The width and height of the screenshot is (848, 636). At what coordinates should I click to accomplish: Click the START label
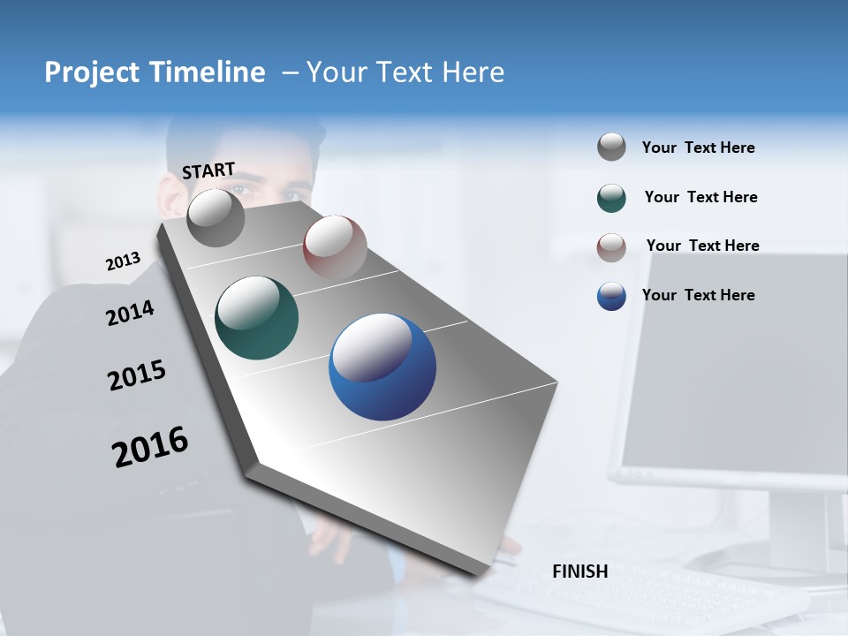tap(208, 170)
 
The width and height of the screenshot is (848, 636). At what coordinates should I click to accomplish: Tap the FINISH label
tap(579, 572)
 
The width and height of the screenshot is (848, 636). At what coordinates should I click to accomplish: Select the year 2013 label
tap(123, 261)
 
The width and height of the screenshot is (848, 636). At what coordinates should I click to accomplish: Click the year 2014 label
tap(130, 313)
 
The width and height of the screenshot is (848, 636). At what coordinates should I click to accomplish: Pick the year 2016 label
tap(150, 447)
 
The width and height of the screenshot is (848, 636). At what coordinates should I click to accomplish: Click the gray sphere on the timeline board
tap(216, 218)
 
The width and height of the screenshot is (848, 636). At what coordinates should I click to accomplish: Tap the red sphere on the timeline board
tap(335, 246)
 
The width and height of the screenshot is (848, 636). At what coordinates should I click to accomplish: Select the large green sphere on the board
tap(257, 318)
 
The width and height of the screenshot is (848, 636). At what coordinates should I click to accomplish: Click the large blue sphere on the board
tap(382, 367)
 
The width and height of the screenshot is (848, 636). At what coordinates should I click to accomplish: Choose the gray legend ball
tap(611, 147)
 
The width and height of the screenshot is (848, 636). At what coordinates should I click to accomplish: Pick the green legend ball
tap(611, 198)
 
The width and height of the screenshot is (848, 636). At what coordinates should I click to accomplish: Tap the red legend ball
tap(611, 247)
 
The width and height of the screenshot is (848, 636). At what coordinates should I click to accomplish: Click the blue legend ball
tap(611, 296)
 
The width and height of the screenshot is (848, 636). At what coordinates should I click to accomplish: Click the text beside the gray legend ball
tap(698, 148)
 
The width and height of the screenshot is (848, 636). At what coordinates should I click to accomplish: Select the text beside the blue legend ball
tap(698, 295)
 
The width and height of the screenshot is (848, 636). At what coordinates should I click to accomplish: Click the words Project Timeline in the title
tap(155, 72)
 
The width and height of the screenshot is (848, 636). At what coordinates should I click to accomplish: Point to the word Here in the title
tap(473, 72)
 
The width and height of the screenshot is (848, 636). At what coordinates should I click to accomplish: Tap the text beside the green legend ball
tap(700, 197)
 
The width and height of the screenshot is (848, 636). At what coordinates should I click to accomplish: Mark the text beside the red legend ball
tap(702, 246)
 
